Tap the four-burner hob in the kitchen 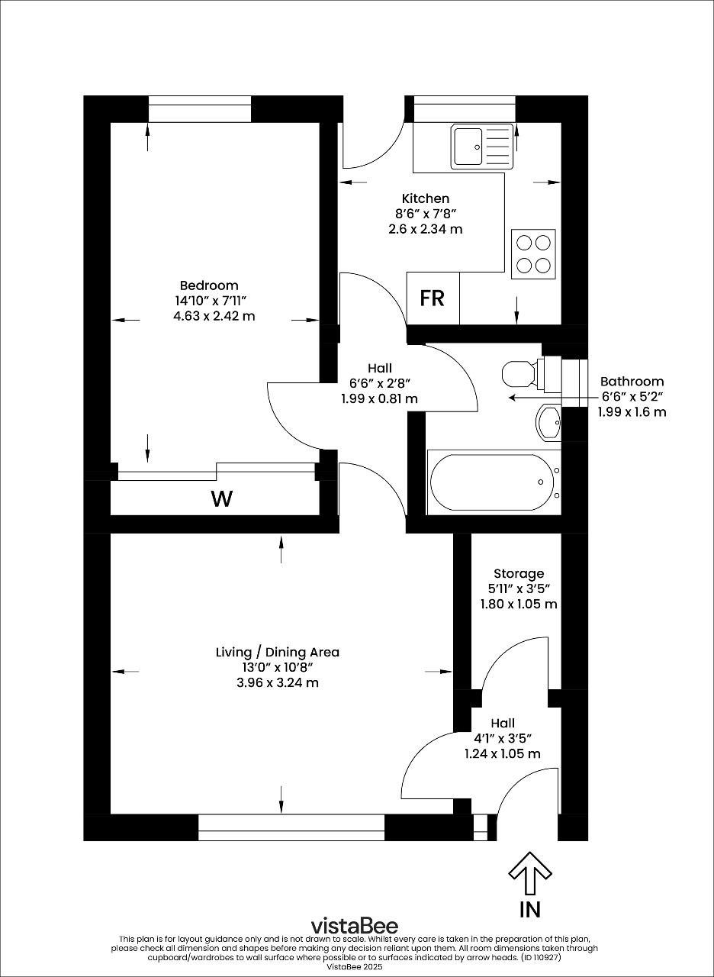533,254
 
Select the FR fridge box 433,298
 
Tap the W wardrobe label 221,499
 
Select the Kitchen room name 426,198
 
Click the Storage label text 519,573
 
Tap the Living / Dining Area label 278,652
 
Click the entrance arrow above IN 530,873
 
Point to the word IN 530,909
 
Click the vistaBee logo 354,926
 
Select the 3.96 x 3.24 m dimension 278,682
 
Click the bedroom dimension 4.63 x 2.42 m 214,315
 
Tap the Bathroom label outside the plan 632,381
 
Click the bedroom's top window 200,109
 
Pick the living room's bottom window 291,827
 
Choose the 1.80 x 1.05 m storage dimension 519,604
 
